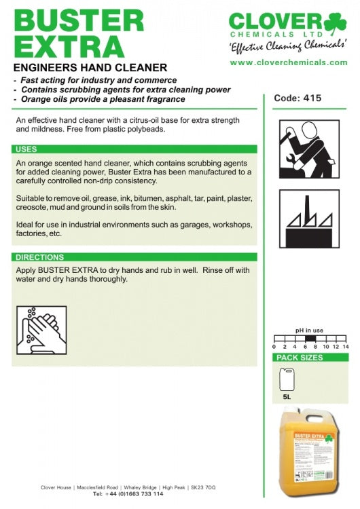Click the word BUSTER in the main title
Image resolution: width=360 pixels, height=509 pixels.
tap(79, 20)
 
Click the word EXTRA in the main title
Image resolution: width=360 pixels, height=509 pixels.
tap(69, 46)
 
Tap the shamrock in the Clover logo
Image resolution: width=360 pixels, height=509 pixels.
tap(336, 22)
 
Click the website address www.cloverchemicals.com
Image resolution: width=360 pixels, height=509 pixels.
tap(289, 62)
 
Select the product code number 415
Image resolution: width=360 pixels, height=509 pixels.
tap(312, 98)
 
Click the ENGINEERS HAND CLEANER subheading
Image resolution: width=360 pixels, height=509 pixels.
tap(90, 67)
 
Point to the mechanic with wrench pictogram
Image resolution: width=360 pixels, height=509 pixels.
tap(309, 149)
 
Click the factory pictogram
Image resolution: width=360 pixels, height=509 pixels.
tap(309, 219)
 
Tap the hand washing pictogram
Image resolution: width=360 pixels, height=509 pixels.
tap(41, 330)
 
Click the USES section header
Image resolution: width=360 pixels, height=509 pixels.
tap(26, 149)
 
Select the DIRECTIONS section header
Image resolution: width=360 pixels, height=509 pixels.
tap(39, 257)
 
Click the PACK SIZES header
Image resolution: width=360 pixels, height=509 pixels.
tap(300, 358)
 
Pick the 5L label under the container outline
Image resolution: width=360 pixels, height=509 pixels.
tap(287, 397)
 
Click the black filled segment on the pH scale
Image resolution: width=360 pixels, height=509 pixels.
tap(310, 338)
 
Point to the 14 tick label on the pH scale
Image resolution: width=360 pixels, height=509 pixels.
tap(346, 347)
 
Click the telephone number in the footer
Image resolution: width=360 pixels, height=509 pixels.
tap(134, 494)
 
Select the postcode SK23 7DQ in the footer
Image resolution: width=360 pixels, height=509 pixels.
tap(203, 487)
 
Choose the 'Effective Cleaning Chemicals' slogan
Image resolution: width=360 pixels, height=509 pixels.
tap(288, 45)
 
